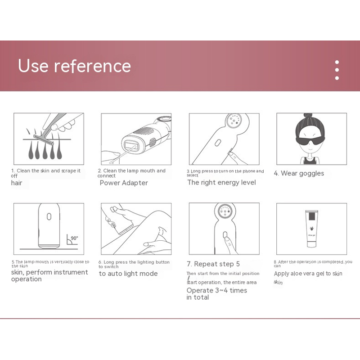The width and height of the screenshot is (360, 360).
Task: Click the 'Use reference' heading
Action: pyautogui.click(x=74, y=66)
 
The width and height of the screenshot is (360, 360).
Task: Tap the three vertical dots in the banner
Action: pyautogui.click(x=337, y=70)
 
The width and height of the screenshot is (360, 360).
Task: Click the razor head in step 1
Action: pyautogui.click(x=44, y=140)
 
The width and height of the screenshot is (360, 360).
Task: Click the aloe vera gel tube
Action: pyautogui.click(x=311, y=229)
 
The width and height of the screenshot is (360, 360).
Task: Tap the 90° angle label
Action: pyautogui.click(x=74, y=238)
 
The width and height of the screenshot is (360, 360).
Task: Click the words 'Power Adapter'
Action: pyautogui.click(x=124, y=183)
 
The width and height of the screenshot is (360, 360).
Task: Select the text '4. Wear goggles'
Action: pyautogui.click(x=299, y=173)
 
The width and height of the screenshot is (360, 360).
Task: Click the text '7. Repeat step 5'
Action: pyautogui.click(x=213, y=264)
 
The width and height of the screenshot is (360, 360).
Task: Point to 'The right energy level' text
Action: pyautogui.click(x=221, y=183)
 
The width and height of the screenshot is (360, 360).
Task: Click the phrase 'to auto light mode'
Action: pyautogui.click(x=128, y=274)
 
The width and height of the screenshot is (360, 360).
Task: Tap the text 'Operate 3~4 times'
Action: pyautogui.click(x=217, y=290)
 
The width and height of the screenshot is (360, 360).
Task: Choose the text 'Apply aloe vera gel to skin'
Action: pyautogui.click(x=308, y=274)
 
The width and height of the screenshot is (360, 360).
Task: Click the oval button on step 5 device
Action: pyautogui.click(x=49, y=216)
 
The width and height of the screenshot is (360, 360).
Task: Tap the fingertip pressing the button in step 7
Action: pyautogui.click(x=228, y=240)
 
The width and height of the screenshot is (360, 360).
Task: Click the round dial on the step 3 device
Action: pyautogui.click(x=234, y=120)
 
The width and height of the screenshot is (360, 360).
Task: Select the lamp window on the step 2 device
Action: pyautogui.click(x=131, y=146)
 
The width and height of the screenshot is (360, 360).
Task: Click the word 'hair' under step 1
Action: pyautogui.click(x=17, y=183)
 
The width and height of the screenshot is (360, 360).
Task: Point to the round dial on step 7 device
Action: pyautogui.click(x=225, y=211)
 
